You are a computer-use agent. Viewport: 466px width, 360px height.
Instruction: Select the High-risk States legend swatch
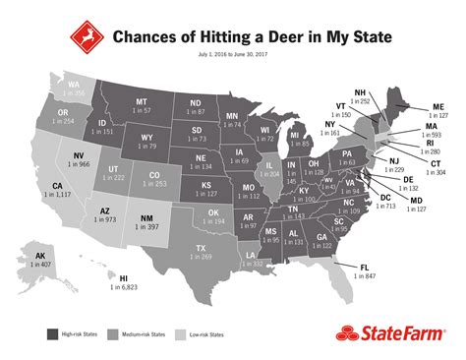tap(51, 333)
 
